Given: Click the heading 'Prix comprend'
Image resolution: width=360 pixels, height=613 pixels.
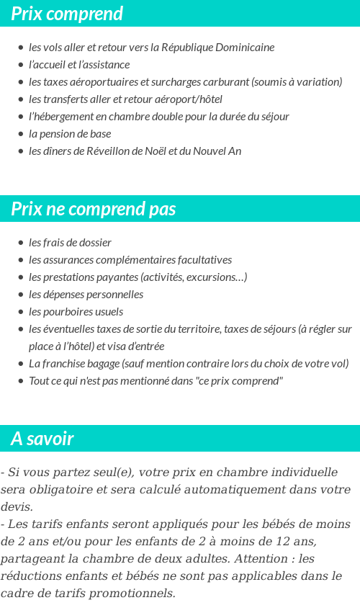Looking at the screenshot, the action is [67, 14].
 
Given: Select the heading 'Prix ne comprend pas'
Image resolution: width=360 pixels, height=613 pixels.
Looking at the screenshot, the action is [94, 209].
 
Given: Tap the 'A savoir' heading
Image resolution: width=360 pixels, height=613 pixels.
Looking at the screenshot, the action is [42, 438].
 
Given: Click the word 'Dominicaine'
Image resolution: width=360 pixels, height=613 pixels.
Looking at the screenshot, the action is [245, 48].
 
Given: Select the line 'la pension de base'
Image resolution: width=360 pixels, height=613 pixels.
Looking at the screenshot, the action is [70, 134].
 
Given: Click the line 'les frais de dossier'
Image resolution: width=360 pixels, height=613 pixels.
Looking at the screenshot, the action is [70, 243].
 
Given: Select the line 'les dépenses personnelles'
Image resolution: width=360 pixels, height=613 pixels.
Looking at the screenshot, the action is [86, 295].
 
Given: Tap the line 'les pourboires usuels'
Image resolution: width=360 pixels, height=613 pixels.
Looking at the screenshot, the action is [76, 312].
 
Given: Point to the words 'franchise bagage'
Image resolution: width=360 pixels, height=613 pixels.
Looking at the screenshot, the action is [79, 364].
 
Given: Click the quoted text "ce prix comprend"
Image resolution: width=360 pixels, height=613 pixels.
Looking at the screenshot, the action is [235, 381].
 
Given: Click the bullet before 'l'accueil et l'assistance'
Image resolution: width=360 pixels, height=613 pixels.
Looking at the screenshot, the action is [20, 65].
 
